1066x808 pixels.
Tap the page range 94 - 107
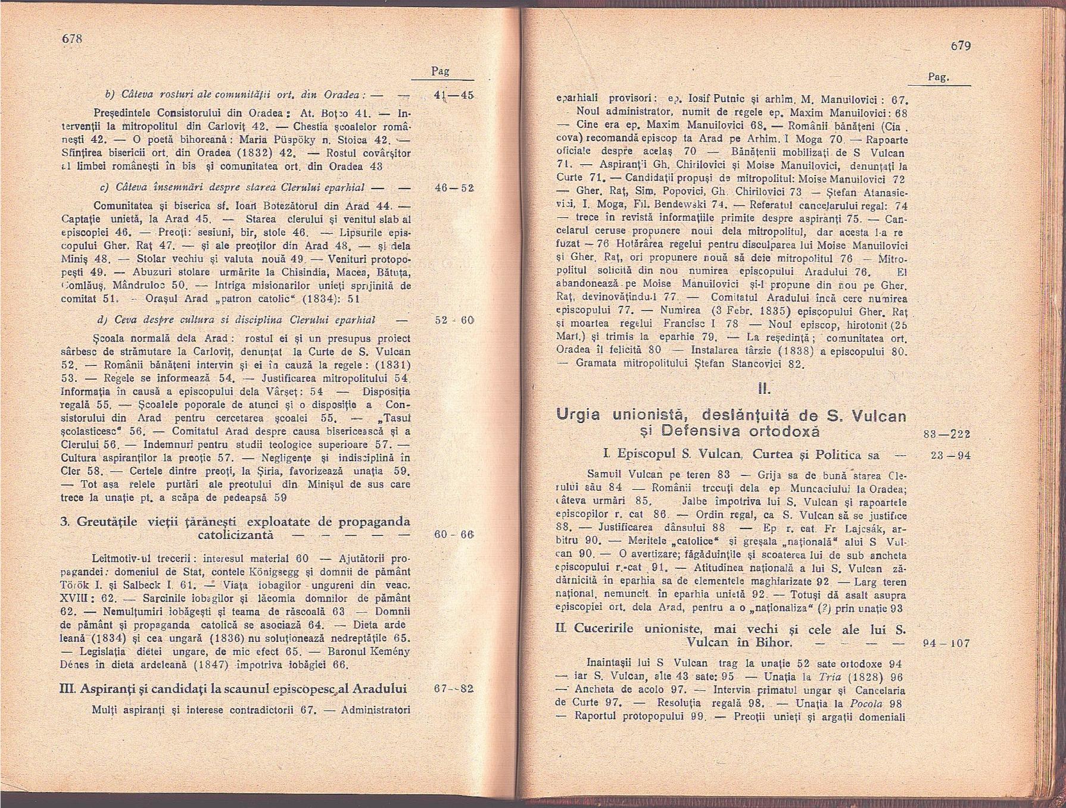(946, 643)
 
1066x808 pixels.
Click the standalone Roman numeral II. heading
(764, 390)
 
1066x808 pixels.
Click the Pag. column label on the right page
(939, 77)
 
